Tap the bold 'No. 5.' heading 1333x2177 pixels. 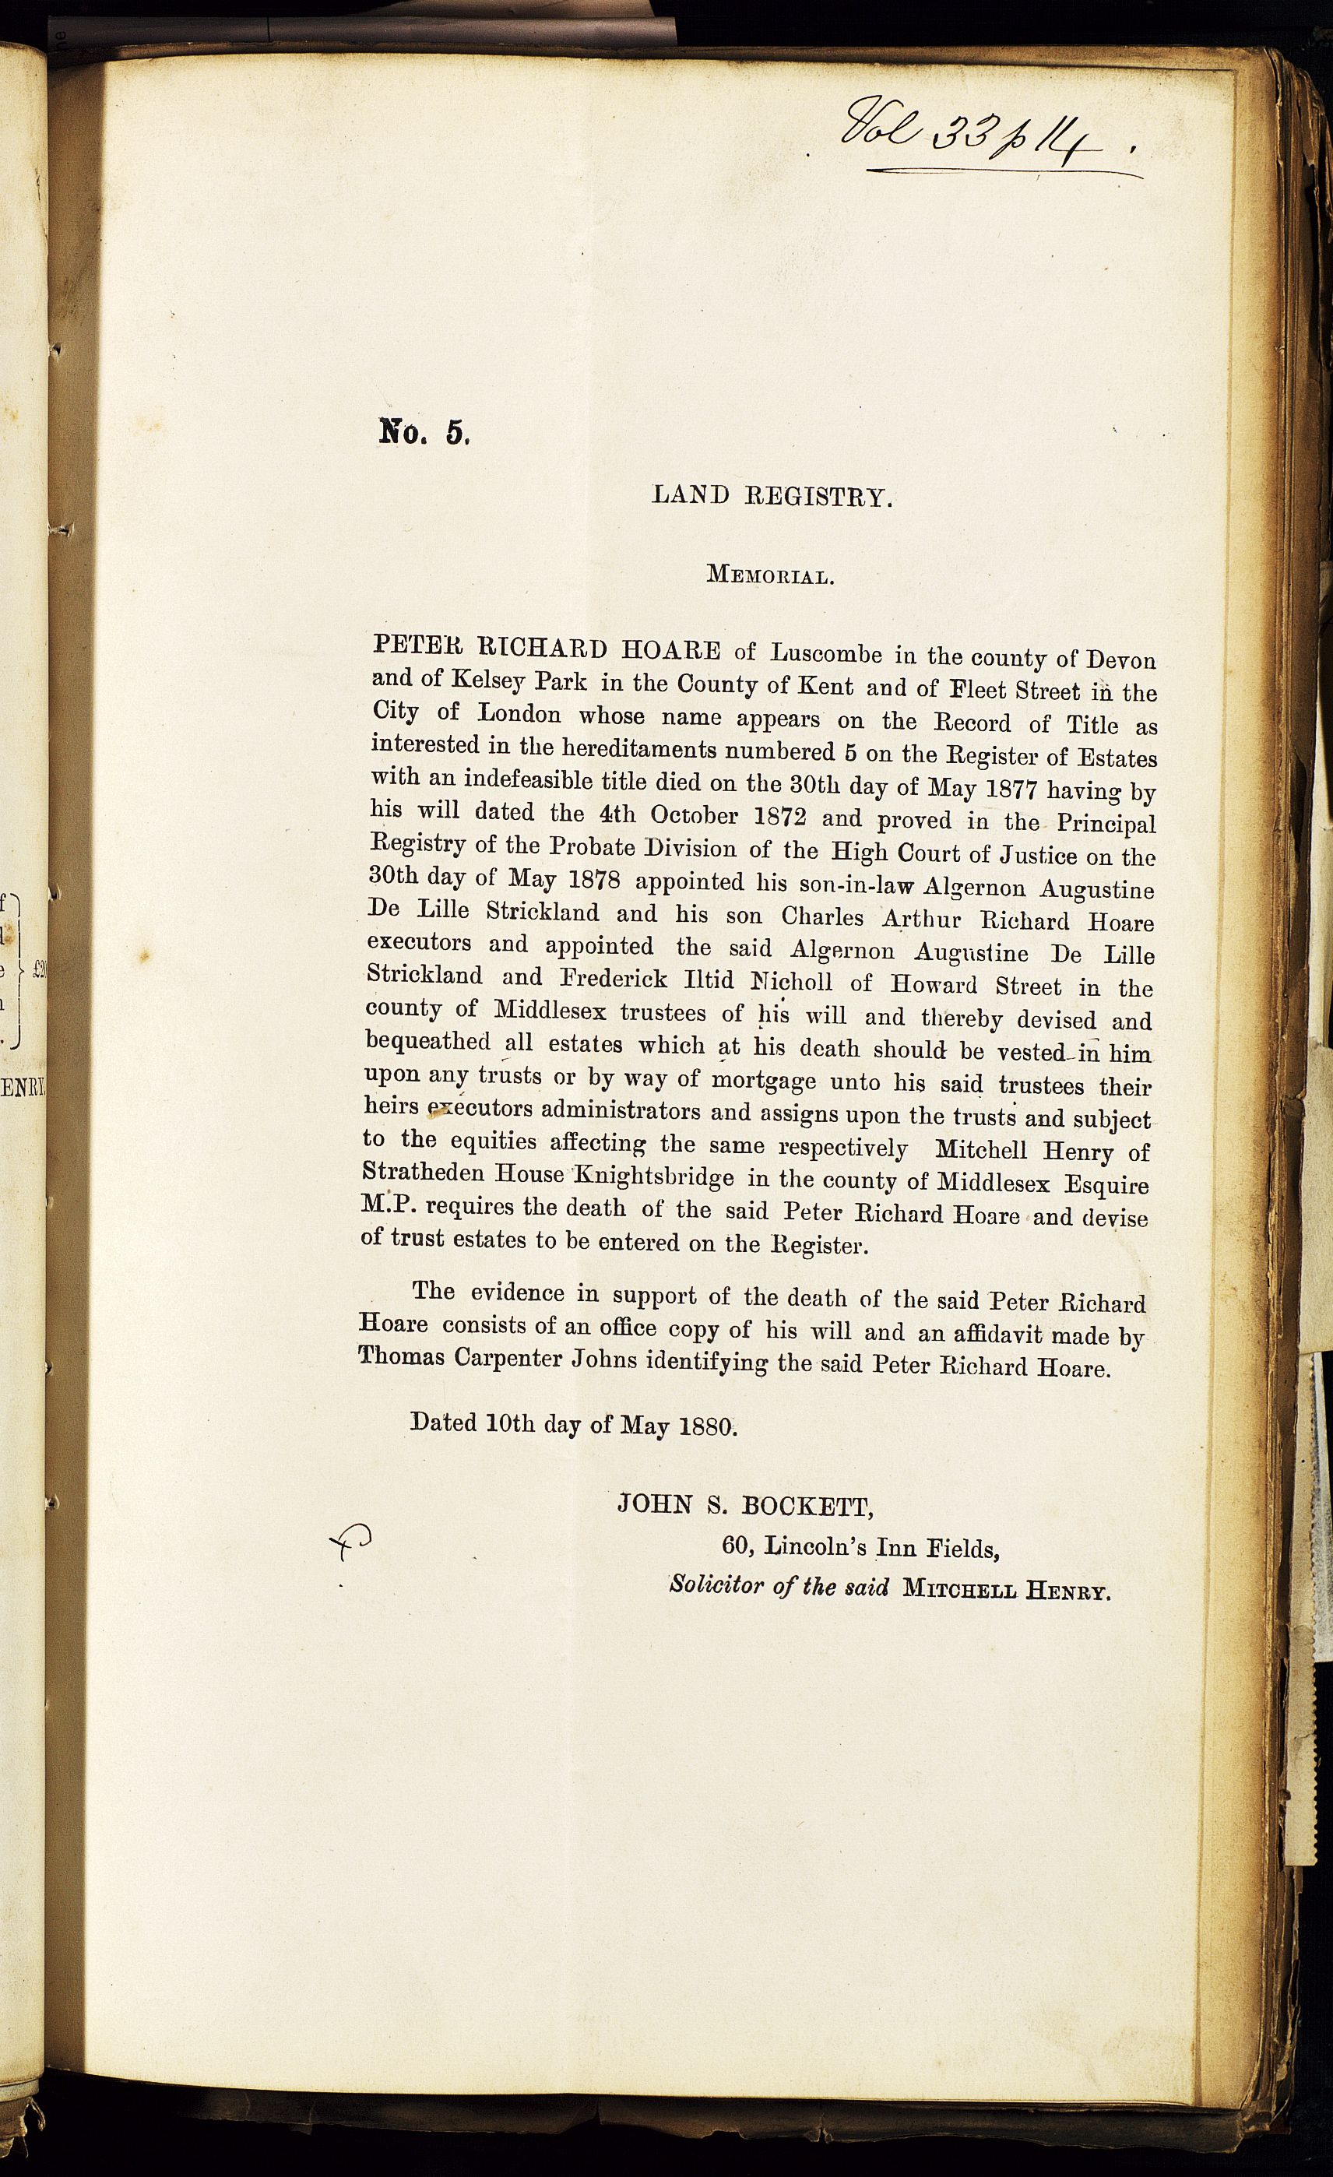pyautogui.click(x=424, y=432)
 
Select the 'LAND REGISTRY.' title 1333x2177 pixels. pyautogui.click(x=772, y=497)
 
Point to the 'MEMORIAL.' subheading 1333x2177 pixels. pyautogui.click(x=770, y=577)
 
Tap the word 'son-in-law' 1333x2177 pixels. pyautogui.click(x=849, y=884)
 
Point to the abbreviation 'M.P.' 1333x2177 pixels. pyautogui.click(x=382, y=1206)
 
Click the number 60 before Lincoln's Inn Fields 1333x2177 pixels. pyautogui.click(x=736, y=1546)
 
